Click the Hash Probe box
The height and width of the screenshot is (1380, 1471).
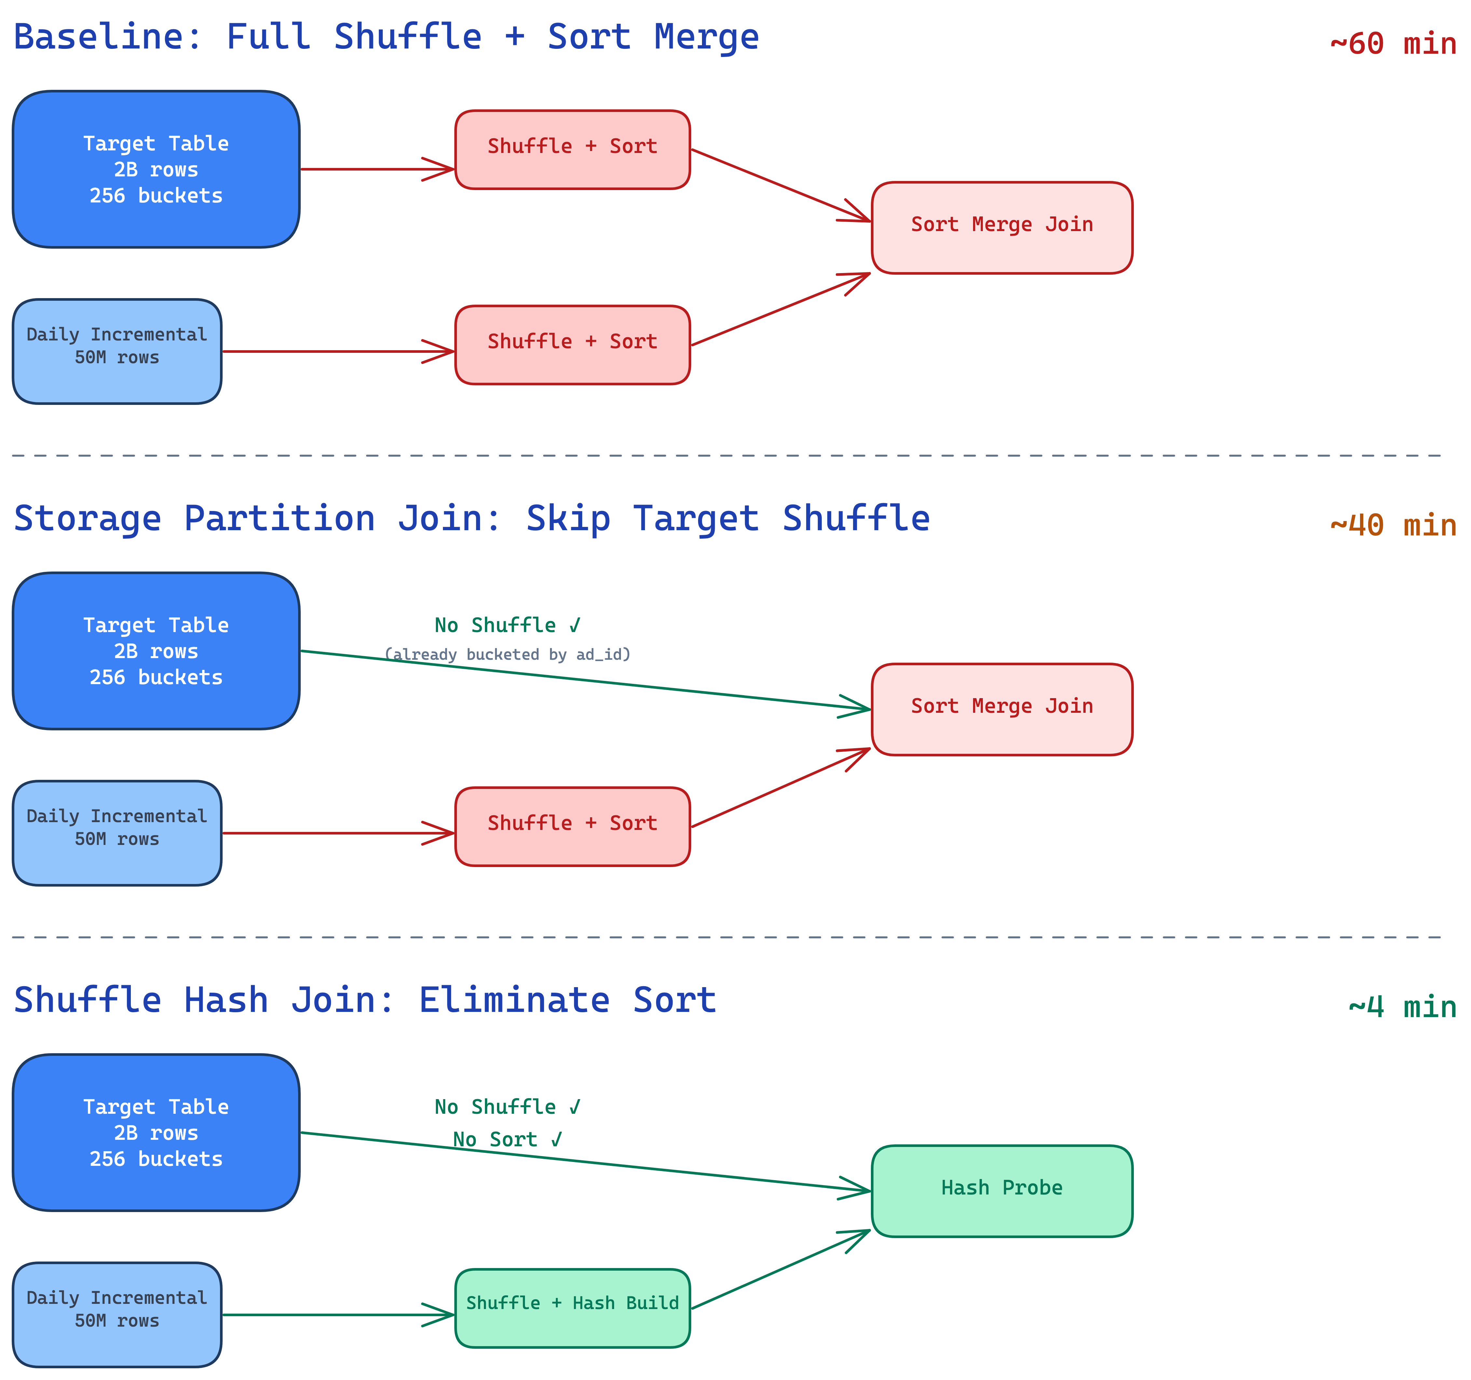click(x=1001, y=1188)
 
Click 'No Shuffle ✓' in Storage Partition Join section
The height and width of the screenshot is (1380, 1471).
click(x=508, y=625)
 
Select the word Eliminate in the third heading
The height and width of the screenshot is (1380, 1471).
click(x=514, y=1000)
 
